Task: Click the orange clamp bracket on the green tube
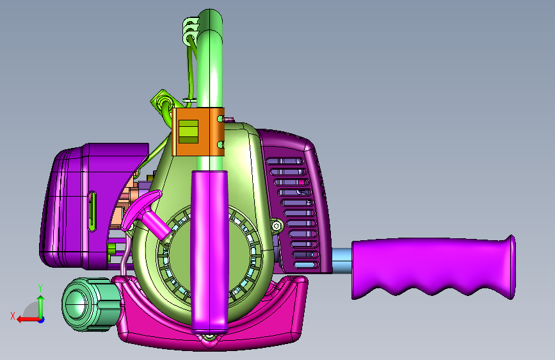[x=198, y=132]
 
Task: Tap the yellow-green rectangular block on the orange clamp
[x=188, y=131]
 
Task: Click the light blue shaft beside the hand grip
[x=342, y=261]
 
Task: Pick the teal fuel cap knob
[x=92, y=304]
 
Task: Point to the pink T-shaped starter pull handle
[x=146, y=214]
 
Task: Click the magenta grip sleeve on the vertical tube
[x=209, y=252]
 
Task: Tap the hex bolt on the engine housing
[x=277, y=225]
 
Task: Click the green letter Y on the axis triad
[x=40, y=288]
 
